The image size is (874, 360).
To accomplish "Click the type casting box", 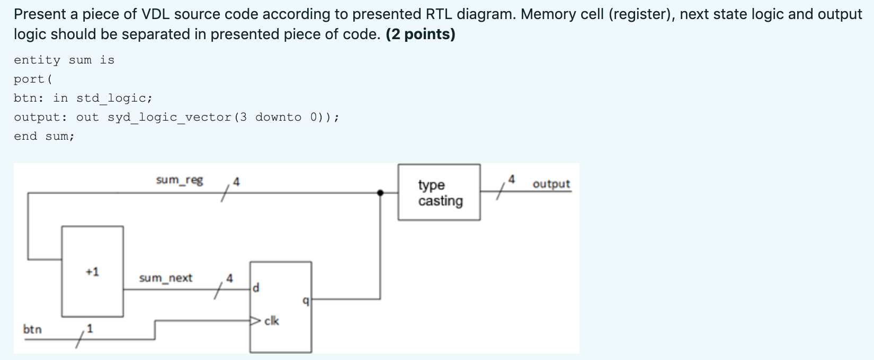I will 439,192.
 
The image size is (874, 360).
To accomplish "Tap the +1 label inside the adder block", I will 92,272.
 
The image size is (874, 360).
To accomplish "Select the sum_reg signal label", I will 180,181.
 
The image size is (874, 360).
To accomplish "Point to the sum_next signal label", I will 165,278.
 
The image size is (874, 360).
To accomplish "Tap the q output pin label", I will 305,301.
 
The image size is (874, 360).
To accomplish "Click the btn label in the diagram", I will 32,329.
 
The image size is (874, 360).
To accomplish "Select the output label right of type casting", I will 551,184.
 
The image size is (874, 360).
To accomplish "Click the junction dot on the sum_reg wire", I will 380,193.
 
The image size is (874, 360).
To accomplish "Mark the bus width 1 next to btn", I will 90,329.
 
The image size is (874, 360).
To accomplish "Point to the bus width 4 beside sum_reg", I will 236,182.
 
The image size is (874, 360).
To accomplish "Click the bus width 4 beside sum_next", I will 229,278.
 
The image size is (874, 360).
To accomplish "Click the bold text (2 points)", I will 421,34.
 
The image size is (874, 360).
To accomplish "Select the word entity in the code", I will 37,60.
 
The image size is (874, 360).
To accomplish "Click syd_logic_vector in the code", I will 170,117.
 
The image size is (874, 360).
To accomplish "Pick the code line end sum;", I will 44,136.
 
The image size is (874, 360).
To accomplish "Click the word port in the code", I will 30,79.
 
